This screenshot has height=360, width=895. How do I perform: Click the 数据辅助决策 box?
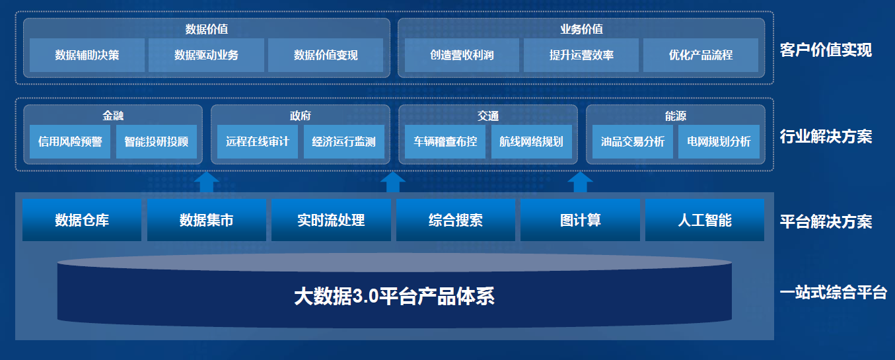point(87,55)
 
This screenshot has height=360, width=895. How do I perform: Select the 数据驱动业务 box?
point(206,55)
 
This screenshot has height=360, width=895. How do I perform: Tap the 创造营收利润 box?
point(462,55)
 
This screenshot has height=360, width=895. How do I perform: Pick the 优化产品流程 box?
point(701,55)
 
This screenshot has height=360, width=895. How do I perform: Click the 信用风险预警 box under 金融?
point(70,142)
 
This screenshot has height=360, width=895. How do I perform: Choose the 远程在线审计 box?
point(258,142)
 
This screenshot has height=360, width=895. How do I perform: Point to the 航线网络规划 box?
point(532,142)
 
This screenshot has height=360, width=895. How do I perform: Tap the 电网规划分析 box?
point(719,142)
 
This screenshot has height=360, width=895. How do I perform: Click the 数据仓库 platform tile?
point(82,220)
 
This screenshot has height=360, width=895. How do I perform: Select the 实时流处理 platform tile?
point(331,220)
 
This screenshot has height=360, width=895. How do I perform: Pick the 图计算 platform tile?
point(580,220)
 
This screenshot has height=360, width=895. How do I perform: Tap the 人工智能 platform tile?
point(705,220)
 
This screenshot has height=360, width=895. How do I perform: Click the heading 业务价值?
point(581,29)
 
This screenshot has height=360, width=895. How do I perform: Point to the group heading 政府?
point(301,116)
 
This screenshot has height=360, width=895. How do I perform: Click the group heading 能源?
point(676,116)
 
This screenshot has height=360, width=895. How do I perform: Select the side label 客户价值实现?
point(826,50)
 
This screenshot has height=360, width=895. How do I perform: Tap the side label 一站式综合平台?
point(834,293)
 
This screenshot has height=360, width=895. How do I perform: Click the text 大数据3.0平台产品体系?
point(394,297)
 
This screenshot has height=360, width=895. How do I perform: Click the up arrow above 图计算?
point(580,182)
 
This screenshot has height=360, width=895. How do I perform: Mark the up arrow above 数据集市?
point(206,182)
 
